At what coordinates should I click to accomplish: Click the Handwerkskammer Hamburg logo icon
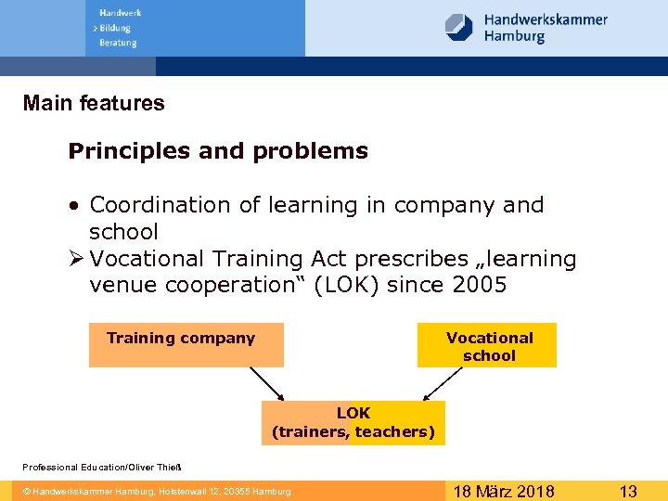point(459,27)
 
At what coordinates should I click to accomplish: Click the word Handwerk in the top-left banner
point(120,13)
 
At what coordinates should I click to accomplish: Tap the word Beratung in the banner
point(118,43)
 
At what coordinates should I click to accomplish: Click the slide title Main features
point(94,103)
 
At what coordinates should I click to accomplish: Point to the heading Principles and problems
point(218,151)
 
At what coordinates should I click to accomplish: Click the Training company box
point(186,345)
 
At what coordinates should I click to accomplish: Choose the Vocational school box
point(488,346)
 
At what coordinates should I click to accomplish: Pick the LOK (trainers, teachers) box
point(353,422)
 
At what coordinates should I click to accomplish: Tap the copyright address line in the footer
point(157,491)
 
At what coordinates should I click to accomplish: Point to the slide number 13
point(628,491)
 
